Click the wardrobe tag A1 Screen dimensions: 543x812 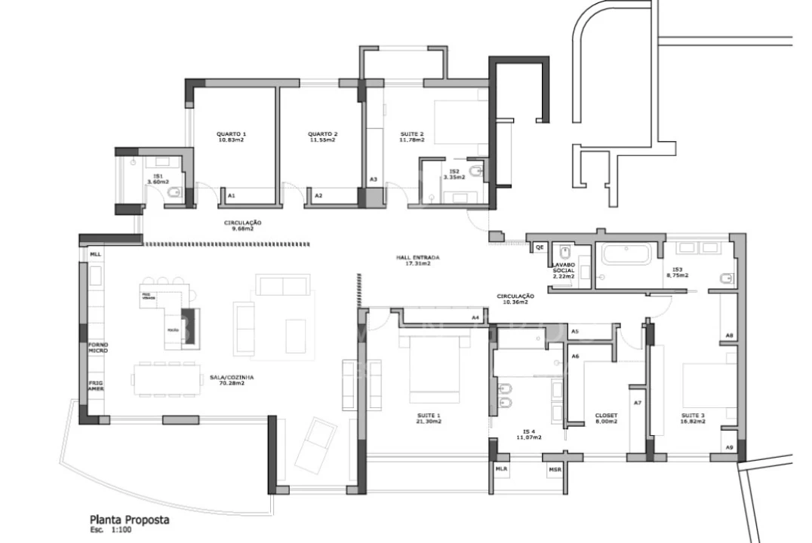pos(232,195)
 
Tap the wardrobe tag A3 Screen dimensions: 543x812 pos(373,179)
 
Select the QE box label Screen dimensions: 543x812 pos(540,247)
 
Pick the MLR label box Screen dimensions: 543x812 pos(501,468)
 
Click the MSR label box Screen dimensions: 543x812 pos(555,468)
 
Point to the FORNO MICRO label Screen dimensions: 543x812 pos(97,348)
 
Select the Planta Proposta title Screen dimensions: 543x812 pos(129,520)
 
